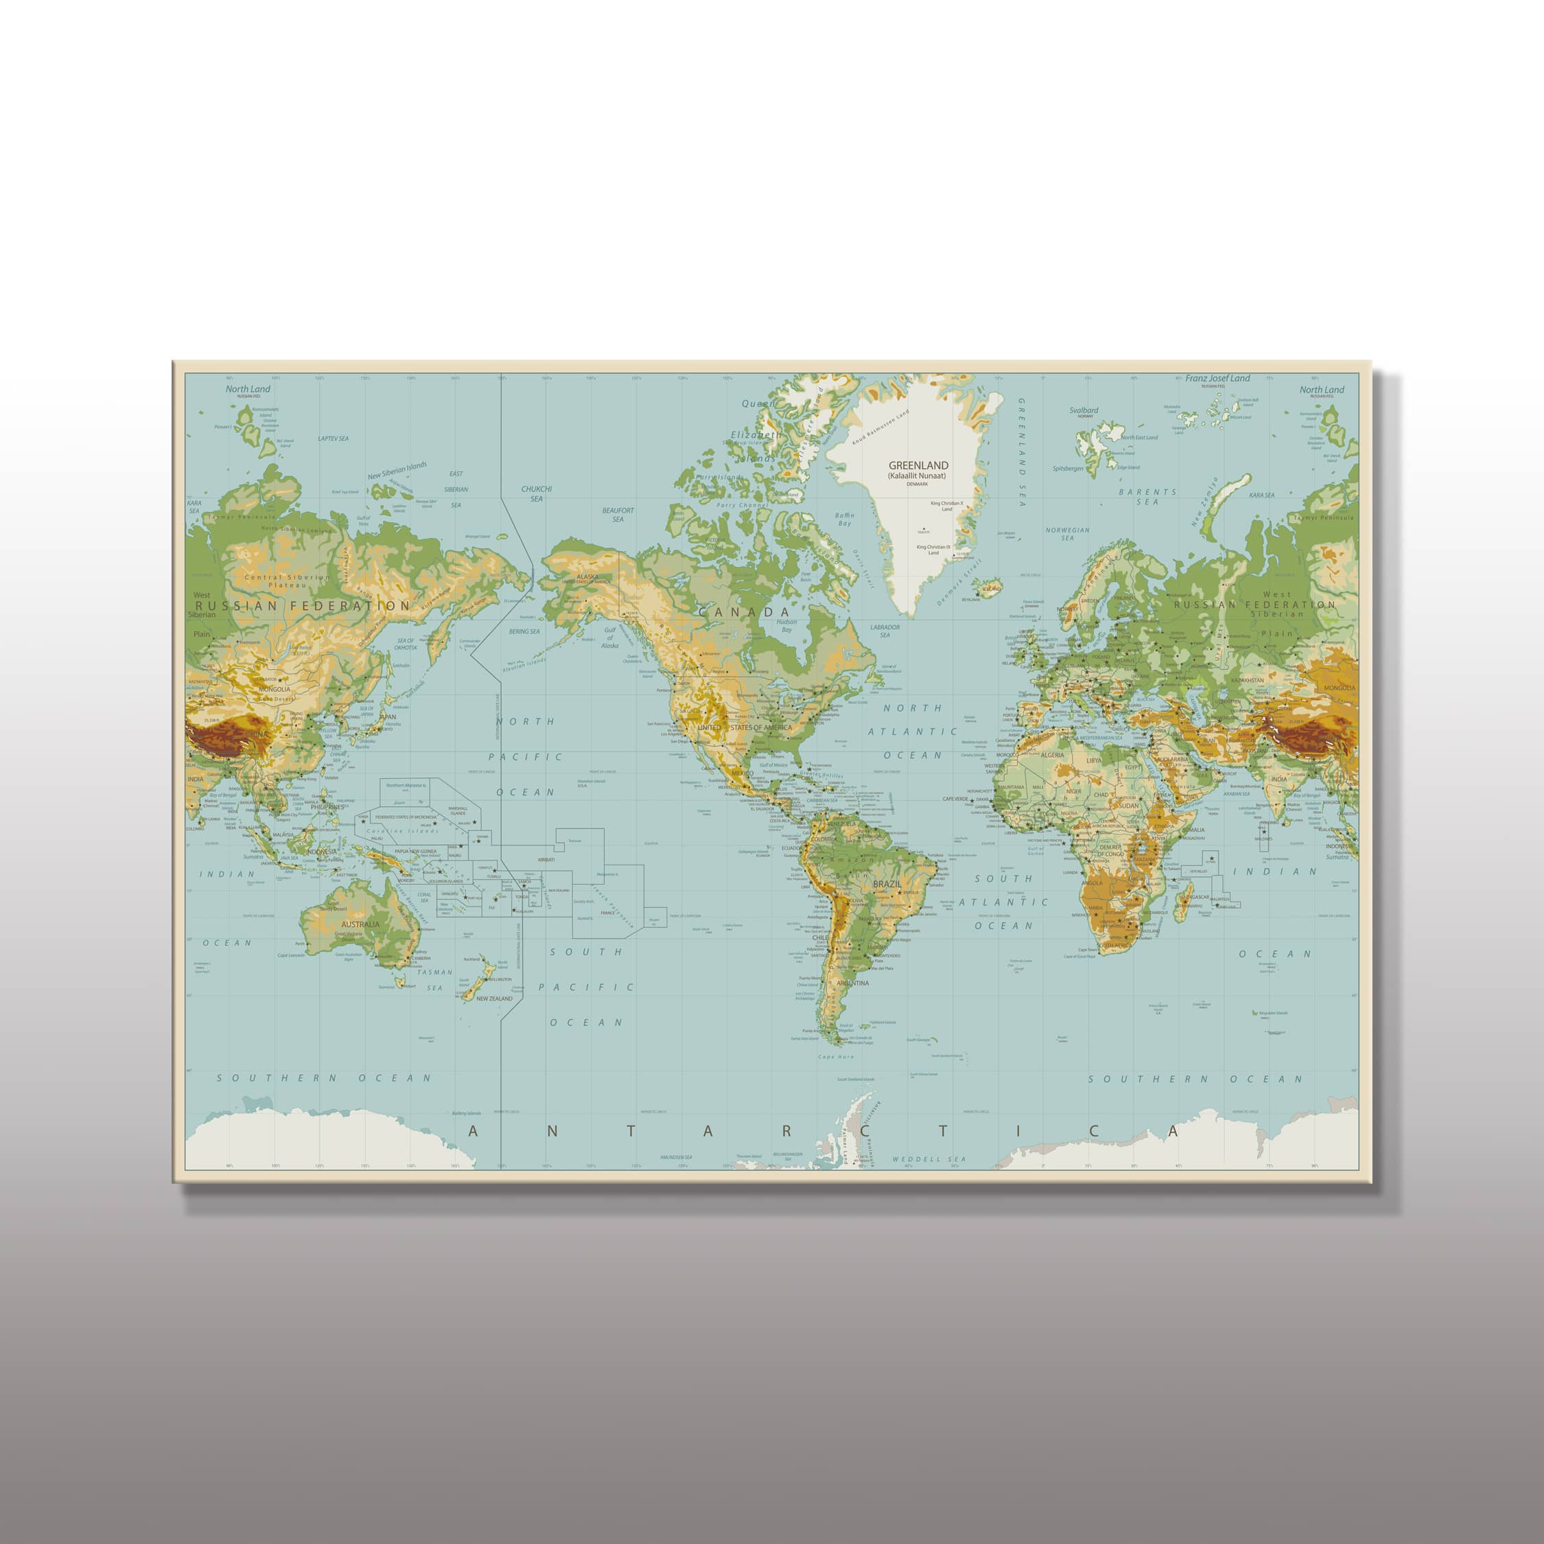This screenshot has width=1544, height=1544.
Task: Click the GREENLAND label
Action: coord(918,465)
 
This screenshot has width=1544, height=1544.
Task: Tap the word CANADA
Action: coord(743,612)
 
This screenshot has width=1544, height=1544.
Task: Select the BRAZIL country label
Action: coord(887,885)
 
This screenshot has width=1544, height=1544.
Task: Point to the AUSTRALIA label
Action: coord(360,924)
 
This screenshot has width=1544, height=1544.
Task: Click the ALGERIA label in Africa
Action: coord(1052,754)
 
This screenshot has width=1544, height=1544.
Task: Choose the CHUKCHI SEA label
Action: coord(536,493)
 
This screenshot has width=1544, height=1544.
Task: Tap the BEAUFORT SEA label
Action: coord(618,515)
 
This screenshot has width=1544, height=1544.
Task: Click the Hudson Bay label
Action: coord(786,626)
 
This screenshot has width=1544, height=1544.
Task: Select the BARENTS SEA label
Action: coord(1147,496)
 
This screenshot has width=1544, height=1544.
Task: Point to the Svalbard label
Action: coord(1084,410)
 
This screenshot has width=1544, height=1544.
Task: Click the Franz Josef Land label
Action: coord(1217,379)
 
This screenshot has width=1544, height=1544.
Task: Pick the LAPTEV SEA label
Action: coord(334,438)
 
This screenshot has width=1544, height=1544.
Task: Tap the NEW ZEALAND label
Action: coord(494,998)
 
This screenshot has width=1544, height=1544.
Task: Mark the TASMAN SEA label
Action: coord(435,980)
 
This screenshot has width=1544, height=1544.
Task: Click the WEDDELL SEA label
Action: coord(928,1159)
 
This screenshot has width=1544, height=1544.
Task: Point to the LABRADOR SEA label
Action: coord(885,631)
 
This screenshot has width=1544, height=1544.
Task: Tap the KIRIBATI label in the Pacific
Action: coord(547,859)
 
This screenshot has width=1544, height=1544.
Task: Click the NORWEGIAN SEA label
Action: coord(1068,534)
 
